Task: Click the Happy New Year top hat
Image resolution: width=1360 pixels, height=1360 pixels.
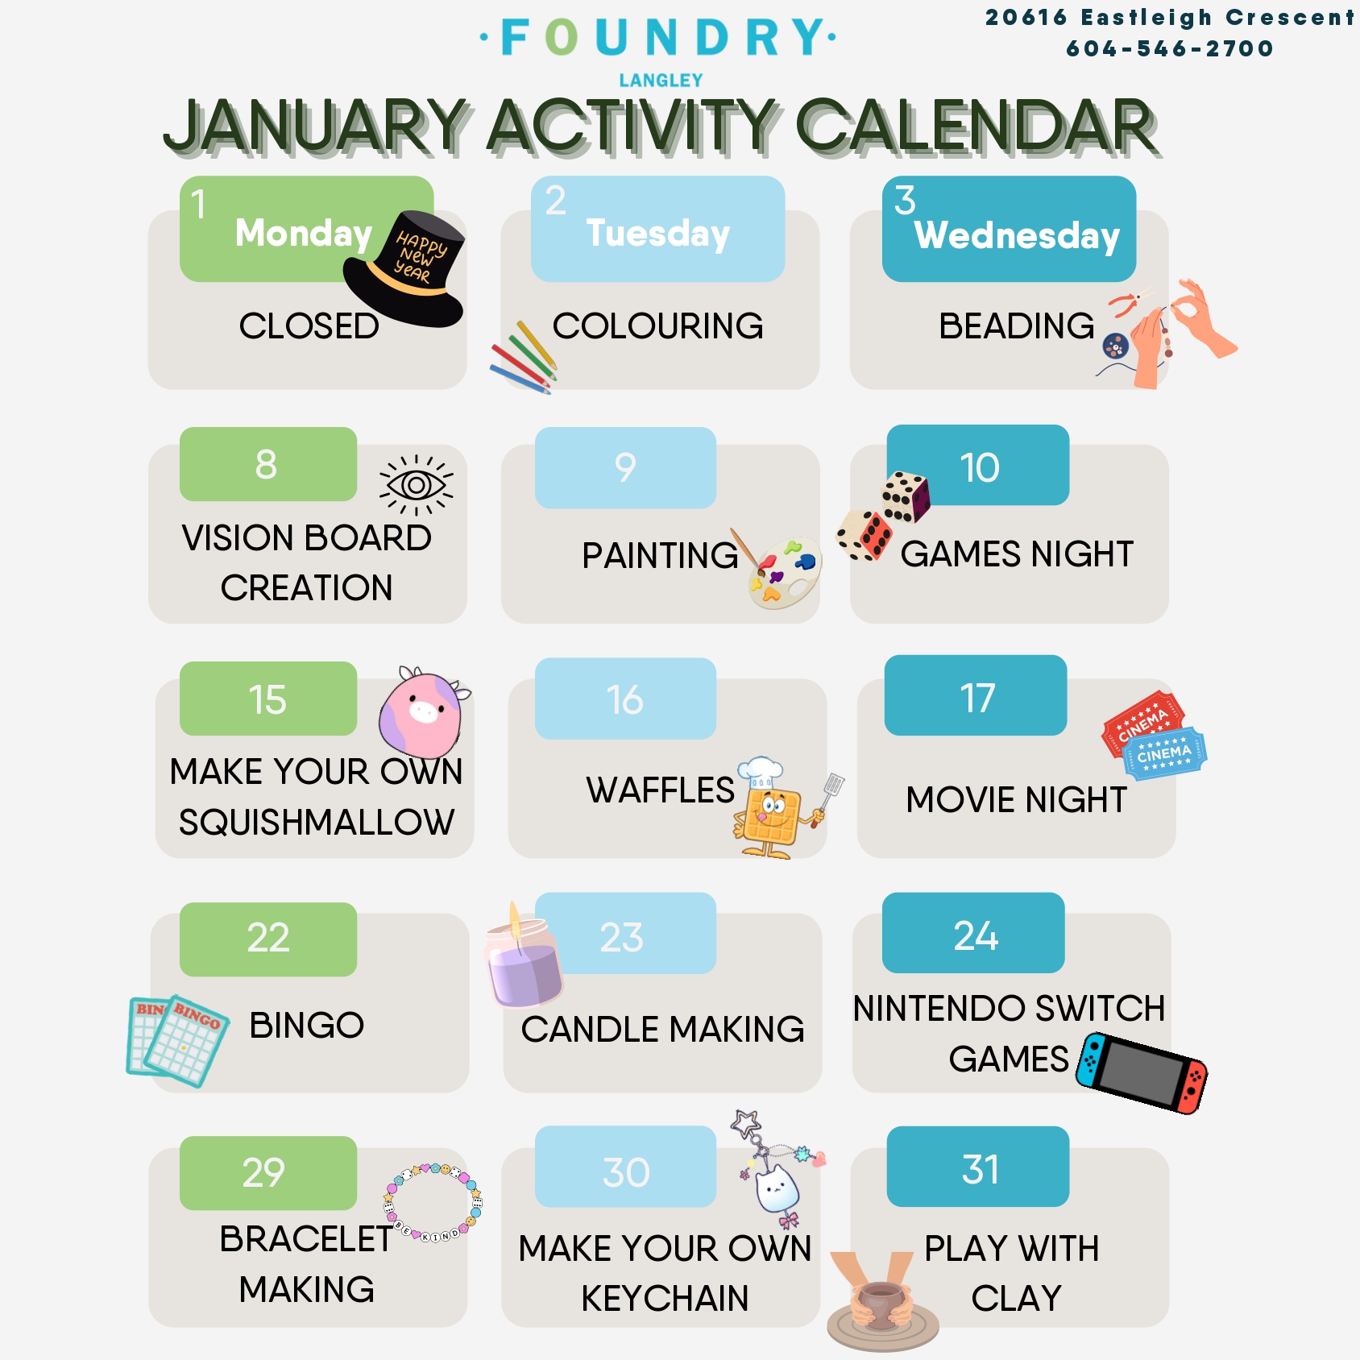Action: (x=404, y=268)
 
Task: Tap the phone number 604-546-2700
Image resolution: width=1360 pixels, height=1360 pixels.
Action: (x=1170, y=48)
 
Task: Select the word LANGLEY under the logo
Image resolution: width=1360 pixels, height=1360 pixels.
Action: (x=661, y=81)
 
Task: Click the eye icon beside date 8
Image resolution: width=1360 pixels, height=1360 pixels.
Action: (x=417, y=485)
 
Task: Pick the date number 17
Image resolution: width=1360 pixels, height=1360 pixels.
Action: (x=977, y=698)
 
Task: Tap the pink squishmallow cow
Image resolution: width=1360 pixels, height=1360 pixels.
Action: (x=423, y=711)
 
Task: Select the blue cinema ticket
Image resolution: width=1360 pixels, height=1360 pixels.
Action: (x=1165, y=754)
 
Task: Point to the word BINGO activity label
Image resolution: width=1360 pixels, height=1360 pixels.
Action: (x=307, y=1026)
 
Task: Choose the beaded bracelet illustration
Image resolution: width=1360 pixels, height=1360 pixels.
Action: (x=433, y=1202)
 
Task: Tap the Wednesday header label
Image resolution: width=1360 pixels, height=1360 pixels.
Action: (x=1017, y=235)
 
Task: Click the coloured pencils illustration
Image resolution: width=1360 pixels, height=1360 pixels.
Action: (x=524, y=358)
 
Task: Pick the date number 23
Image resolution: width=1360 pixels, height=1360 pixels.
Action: (x=621, y=937)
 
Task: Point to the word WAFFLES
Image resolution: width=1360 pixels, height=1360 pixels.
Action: (x=660, y=790)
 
